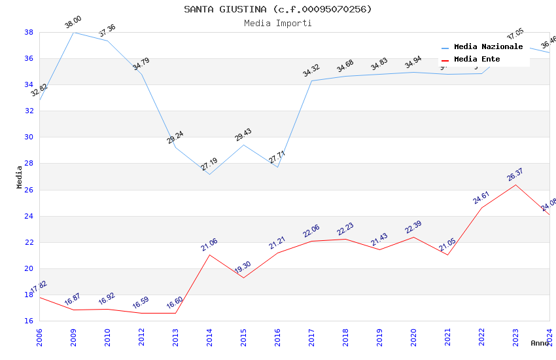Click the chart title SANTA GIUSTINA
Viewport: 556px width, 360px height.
pyautogui.click(x=277, y=9)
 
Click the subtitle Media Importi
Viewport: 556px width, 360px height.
pyautogui.click(x=277, y=23)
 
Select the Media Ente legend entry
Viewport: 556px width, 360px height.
pyautogui.click(x=477, y=60)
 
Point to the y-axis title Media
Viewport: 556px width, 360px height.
pyautogui.click(x=19, y=177)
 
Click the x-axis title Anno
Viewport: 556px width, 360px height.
pyautogui.click(x=540, y=343)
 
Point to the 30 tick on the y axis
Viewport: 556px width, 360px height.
pyautogui.click(x=29, y=137)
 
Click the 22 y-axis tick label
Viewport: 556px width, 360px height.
pyautogui.click(x=29, y=242)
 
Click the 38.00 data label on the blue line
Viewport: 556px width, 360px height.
pyautogui.click(x=73, y=24)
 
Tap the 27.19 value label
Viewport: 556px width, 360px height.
pyautogui.click(x=209, y=164)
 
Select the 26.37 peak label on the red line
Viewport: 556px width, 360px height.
pyautogui.click(x=515, y=175)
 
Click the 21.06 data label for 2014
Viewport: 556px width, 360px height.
pyautogui.click(x=209, y=245)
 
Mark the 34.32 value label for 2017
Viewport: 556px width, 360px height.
pyautogui.click(x=311, y=71)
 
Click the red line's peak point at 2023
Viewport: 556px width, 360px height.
pyautogui.click(x=515, y=185)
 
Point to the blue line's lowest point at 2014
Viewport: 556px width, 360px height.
pyautogui.click(x=209, y=174)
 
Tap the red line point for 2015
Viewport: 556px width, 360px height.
pyautogui.click(x=243, y=278)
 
